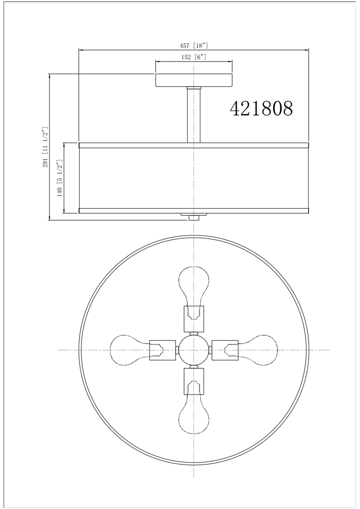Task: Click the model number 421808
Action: tap(261, 108)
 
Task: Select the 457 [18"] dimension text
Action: tap(193, 45)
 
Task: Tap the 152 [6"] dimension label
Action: tap(194, 57)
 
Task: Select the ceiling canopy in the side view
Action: tap(194, 80)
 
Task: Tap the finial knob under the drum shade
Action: tap(194, 217)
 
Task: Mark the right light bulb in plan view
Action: tap(260, 349)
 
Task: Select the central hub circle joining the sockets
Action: tap(194, 349)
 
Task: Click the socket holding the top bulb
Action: tap(194, 317)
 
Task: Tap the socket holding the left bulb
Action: tap(162, 349)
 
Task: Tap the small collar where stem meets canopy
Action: tap(194, 88)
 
